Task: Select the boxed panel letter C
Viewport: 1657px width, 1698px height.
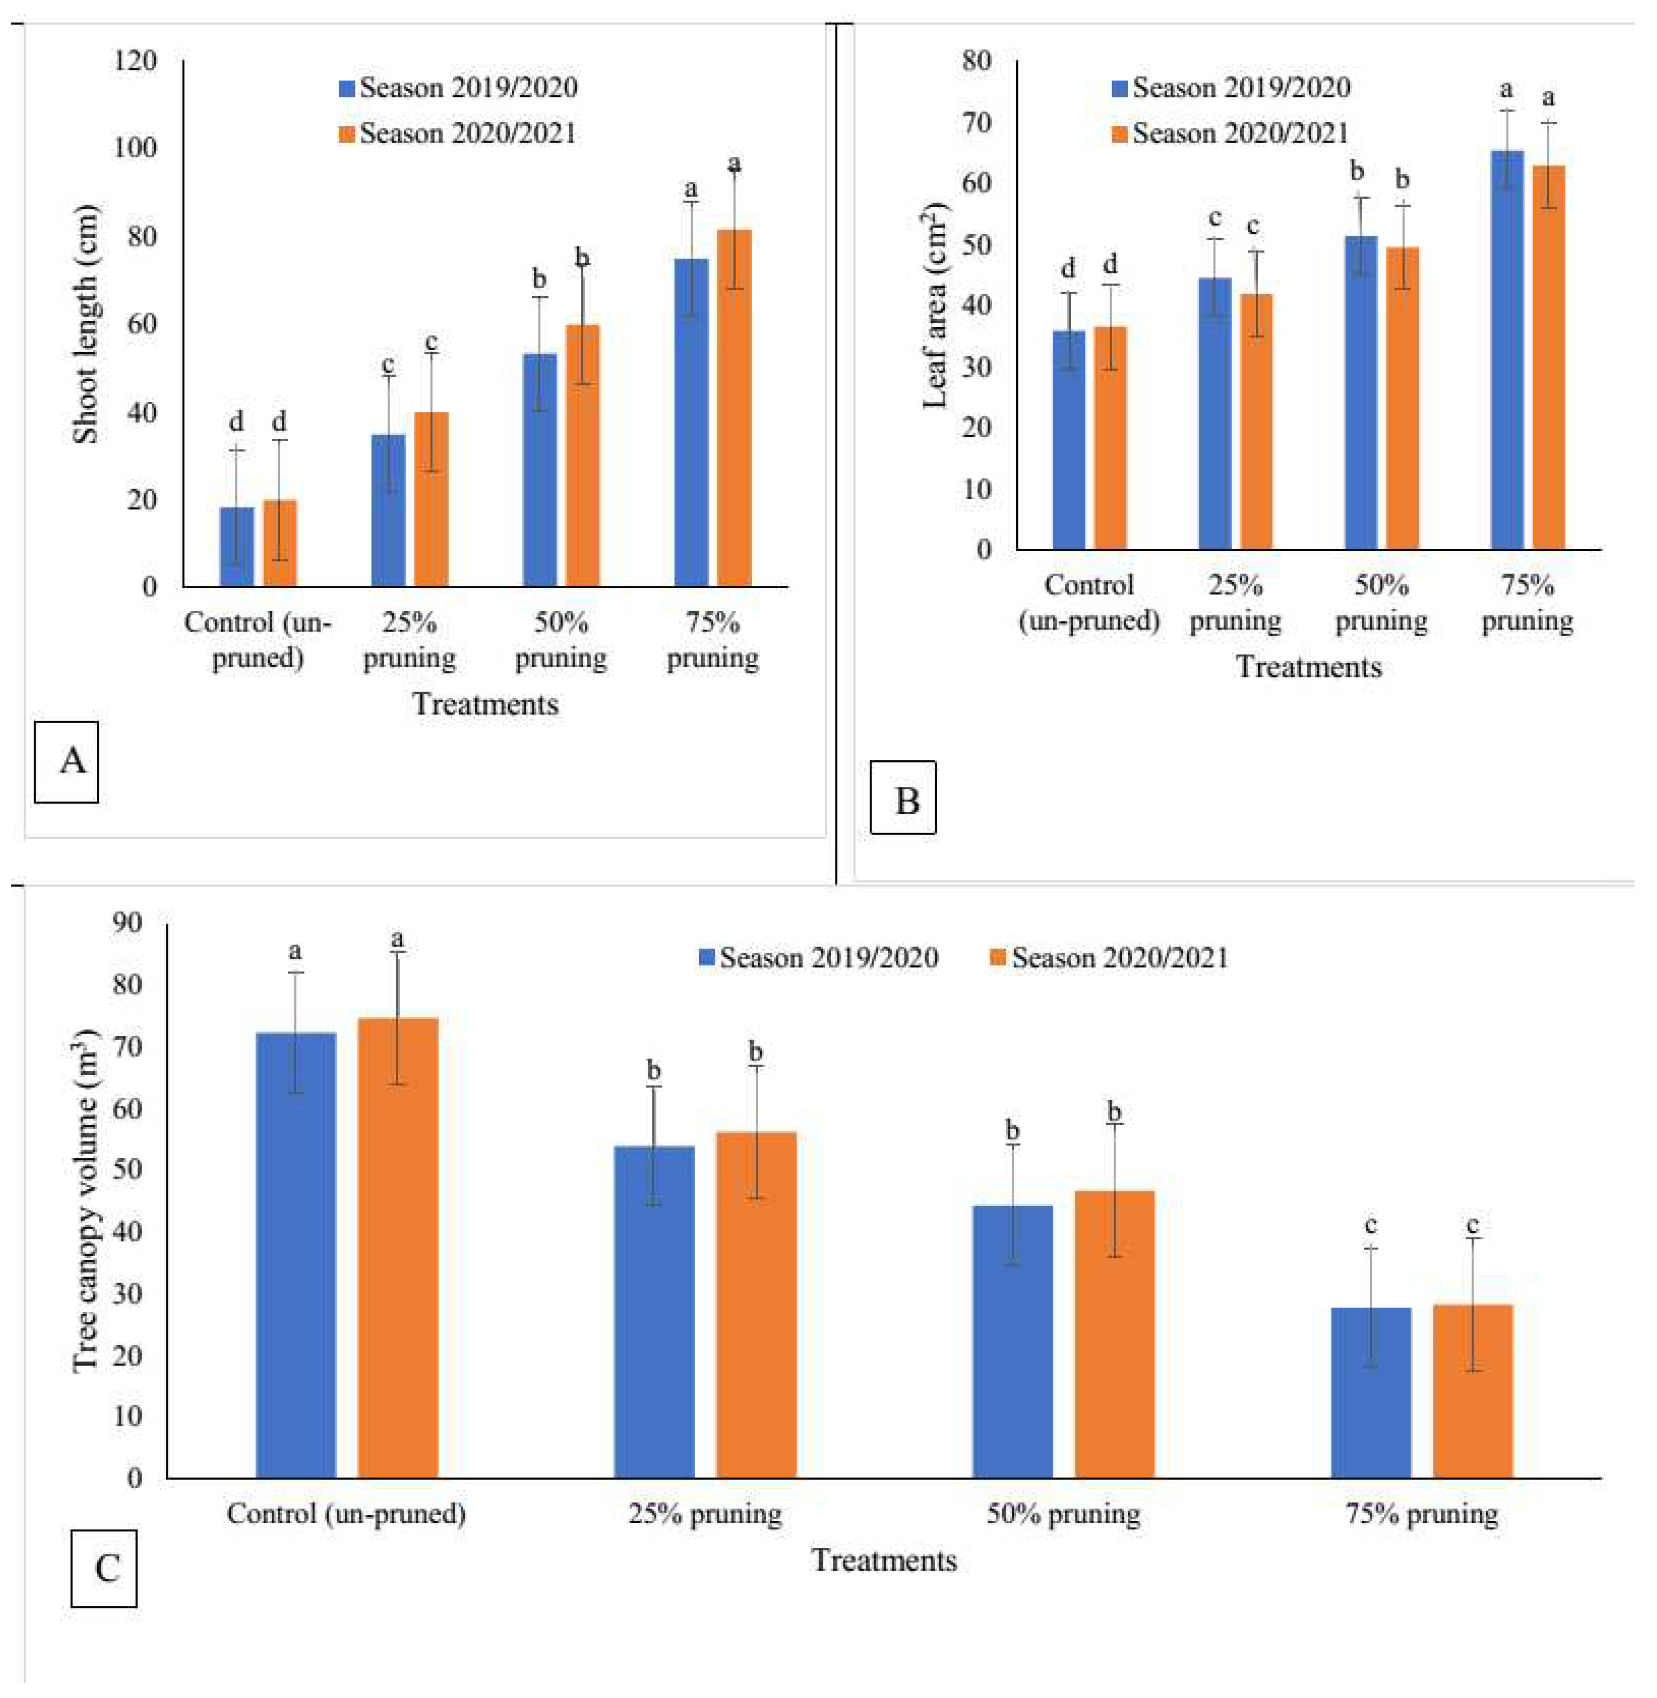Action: point(104,1569)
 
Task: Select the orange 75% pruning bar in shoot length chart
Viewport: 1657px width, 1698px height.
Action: point(734,409)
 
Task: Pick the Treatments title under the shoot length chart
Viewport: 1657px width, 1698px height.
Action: point(485,704)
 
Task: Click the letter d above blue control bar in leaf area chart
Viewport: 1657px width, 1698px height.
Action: point(1069,268)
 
